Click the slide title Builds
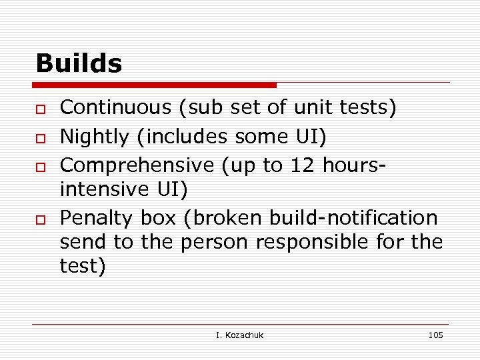coord(79,64)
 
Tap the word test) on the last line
coord(83,266)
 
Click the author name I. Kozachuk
coord(240,335)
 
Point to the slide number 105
coord(435,335)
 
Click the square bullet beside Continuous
coord(41,109)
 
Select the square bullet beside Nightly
coord(41,137)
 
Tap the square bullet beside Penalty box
coord(41,219)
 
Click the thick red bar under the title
coord(154,85)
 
